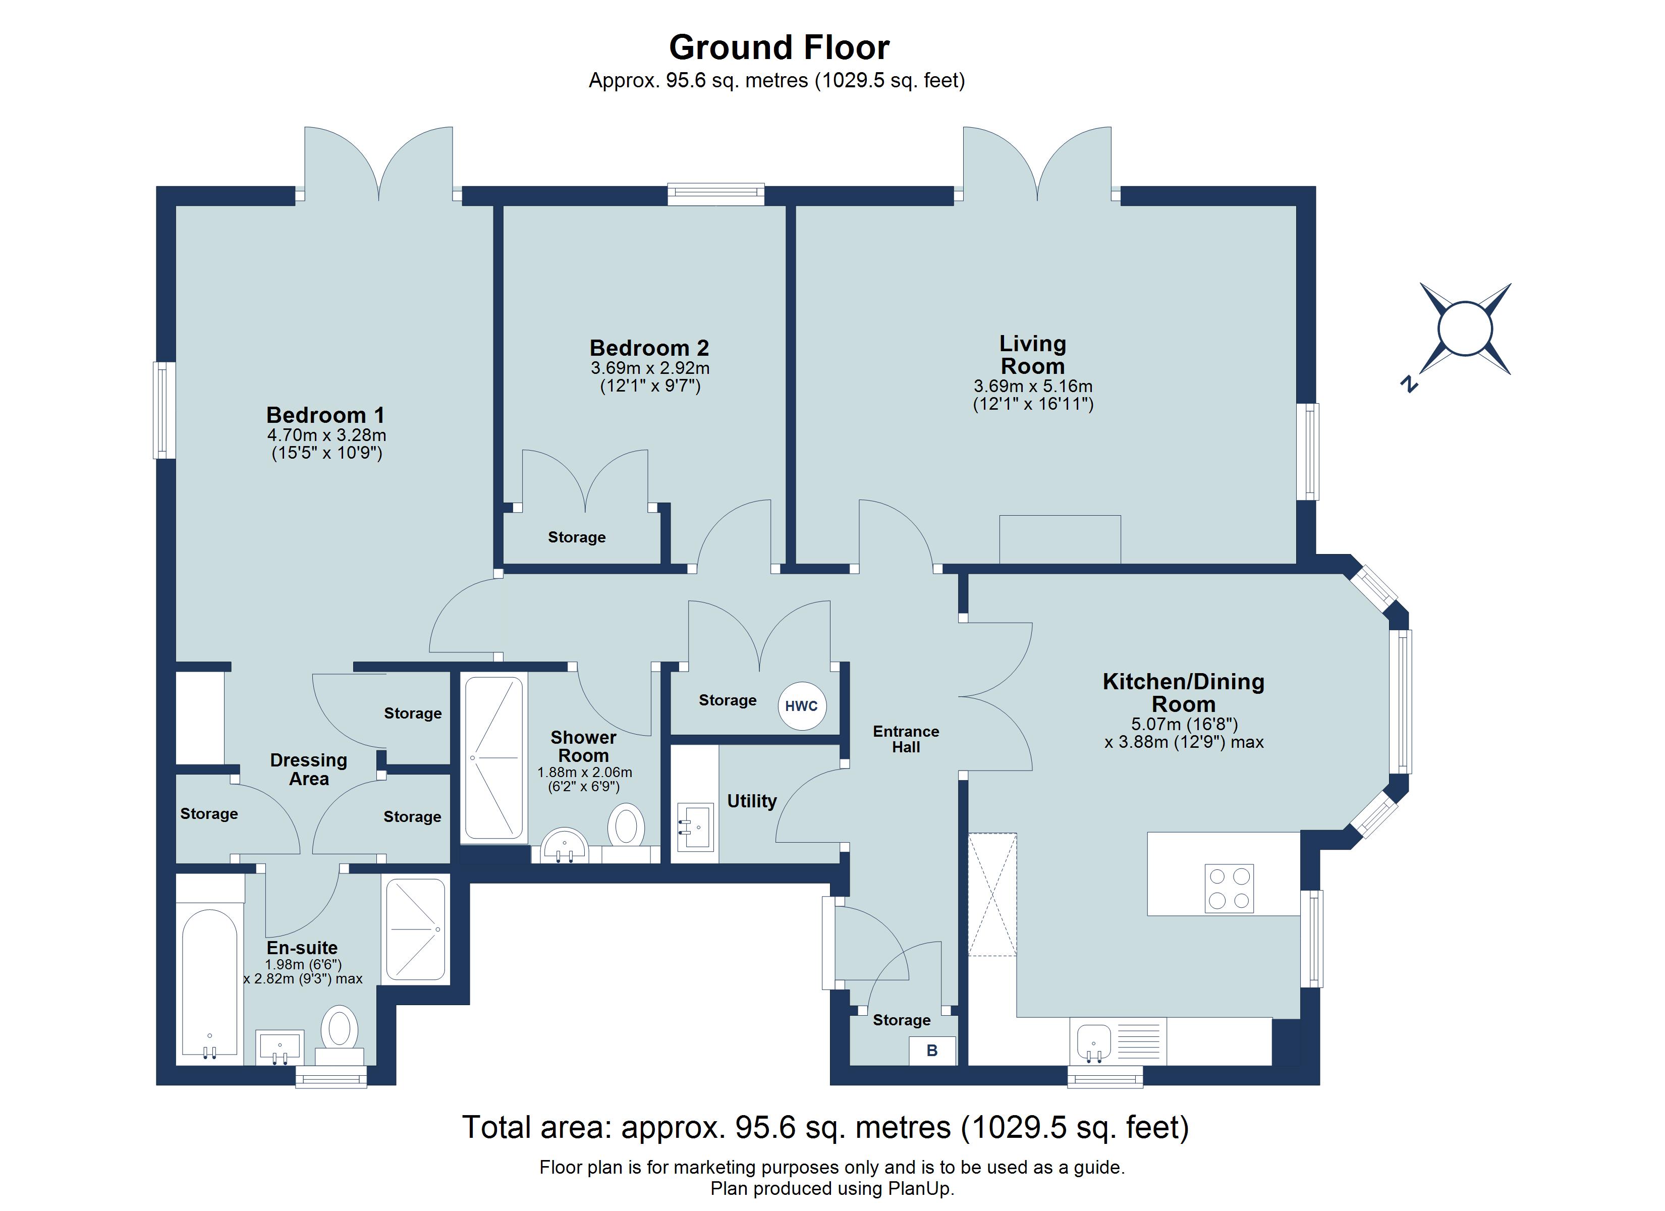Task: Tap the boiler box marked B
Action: (932, 1051)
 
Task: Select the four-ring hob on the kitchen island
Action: (1229, 889)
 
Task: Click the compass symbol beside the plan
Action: (1465, 329)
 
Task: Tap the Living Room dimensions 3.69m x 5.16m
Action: (1033, 387)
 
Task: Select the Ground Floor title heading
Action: (779, 48)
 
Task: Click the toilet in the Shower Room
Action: (626, 825)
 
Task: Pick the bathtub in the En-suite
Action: (209, 984)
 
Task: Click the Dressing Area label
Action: (308, 769)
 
